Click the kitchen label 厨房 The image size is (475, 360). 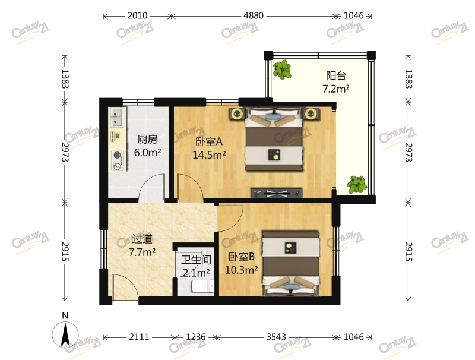pos(147,140)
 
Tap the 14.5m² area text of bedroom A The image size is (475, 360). pos(209,155)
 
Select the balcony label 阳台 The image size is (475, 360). pos(336,75)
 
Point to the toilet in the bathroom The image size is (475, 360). pos(202,286)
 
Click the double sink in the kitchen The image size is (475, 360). pos(116,117)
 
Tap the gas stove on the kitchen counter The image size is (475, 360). pos(118,159)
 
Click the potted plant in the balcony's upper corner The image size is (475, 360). pos(283,70)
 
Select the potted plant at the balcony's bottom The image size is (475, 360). pos(357,185)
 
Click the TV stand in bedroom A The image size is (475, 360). pos(276,192)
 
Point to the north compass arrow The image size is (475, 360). pos(65,335)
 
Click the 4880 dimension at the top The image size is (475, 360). pos(254,15)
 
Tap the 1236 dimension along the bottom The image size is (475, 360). pos(195,337)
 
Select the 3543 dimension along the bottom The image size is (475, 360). pos(276,337)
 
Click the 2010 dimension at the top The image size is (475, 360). pos(137,15)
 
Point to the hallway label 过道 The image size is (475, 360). pos(142,239)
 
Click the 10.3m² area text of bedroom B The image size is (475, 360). pos(242,269)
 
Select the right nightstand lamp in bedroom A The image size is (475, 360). pos(311,114)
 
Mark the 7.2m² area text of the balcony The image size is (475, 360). pos(336,89)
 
